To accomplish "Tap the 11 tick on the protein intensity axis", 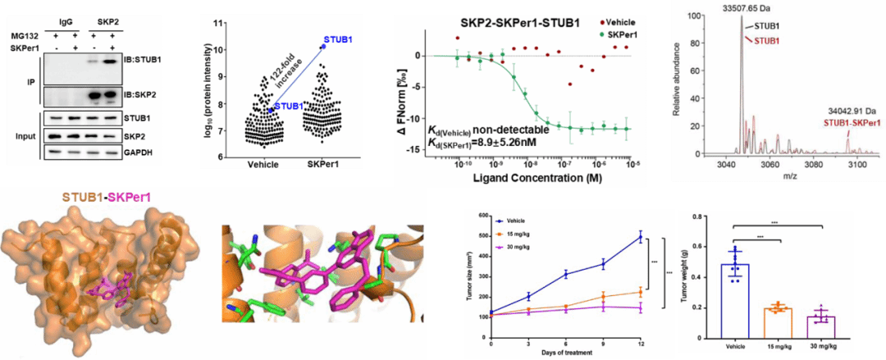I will (219, 22).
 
